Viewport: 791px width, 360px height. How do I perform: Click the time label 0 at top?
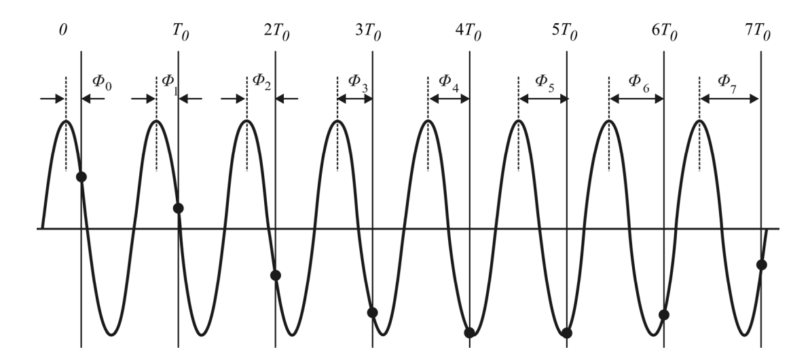coord(63,31)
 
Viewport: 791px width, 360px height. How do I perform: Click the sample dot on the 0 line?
coord(81,177)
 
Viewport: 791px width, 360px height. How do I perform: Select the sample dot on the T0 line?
coord(179,208)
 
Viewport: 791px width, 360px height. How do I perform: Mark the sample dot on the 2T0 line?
coord(276,275)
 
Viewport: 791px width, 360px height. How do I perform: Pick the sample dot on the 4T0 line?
coord(469,332)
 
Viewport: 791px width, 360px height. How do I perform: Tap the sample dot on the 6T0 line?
coord(664,314)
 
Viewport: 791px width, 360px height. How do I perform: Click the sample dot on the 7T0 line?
coord(761,264)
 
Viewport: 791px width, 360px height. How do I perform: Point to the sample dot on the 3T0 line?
coord(372,312)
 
